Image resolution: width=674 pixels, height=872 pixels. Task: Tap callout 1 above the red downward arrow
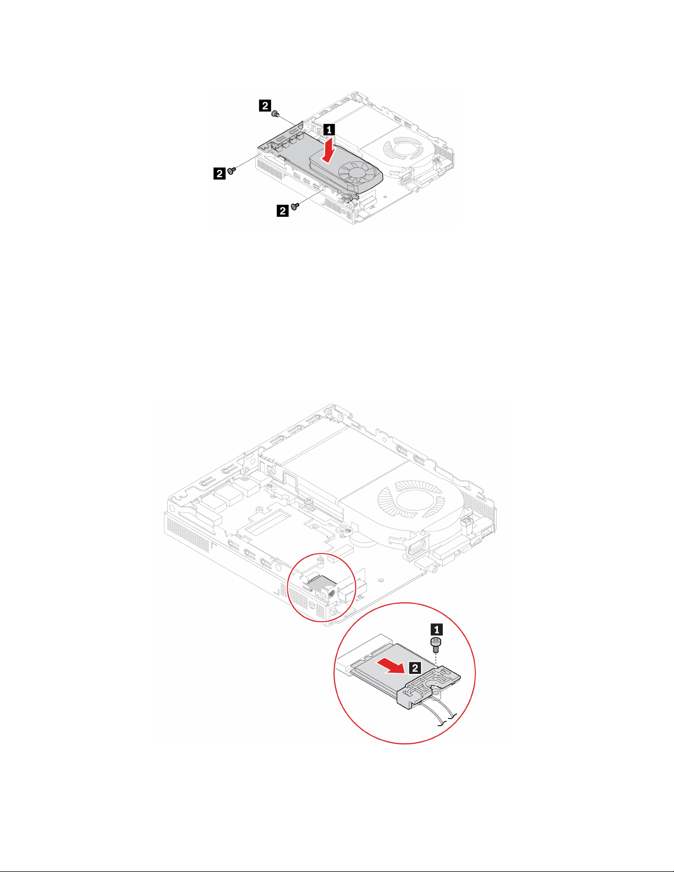coord(328,130)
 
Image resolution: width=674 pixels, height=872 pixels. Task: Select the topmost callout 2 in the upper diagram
coord(265,105)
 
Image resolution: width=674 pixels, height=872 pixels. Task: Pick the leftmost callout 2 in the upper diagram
coord(219,173)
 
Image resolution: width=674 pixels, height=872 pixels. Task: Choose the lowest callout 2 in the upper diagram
coord(282,210)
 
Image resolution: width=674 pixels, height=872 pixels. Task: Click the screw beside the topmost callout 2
coord(275,113)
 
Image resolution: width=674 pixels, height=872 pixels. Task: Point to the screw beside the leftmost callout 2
coord(232,171)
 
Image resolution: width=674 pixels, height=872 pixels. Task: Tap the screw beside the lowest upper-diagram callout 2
coord(296,206)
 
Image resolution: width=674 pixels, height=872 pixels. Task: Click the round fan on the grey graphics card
coord(357,173)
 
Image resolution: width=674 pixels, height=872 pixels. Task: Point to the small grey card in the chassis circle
coord(322,584)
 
